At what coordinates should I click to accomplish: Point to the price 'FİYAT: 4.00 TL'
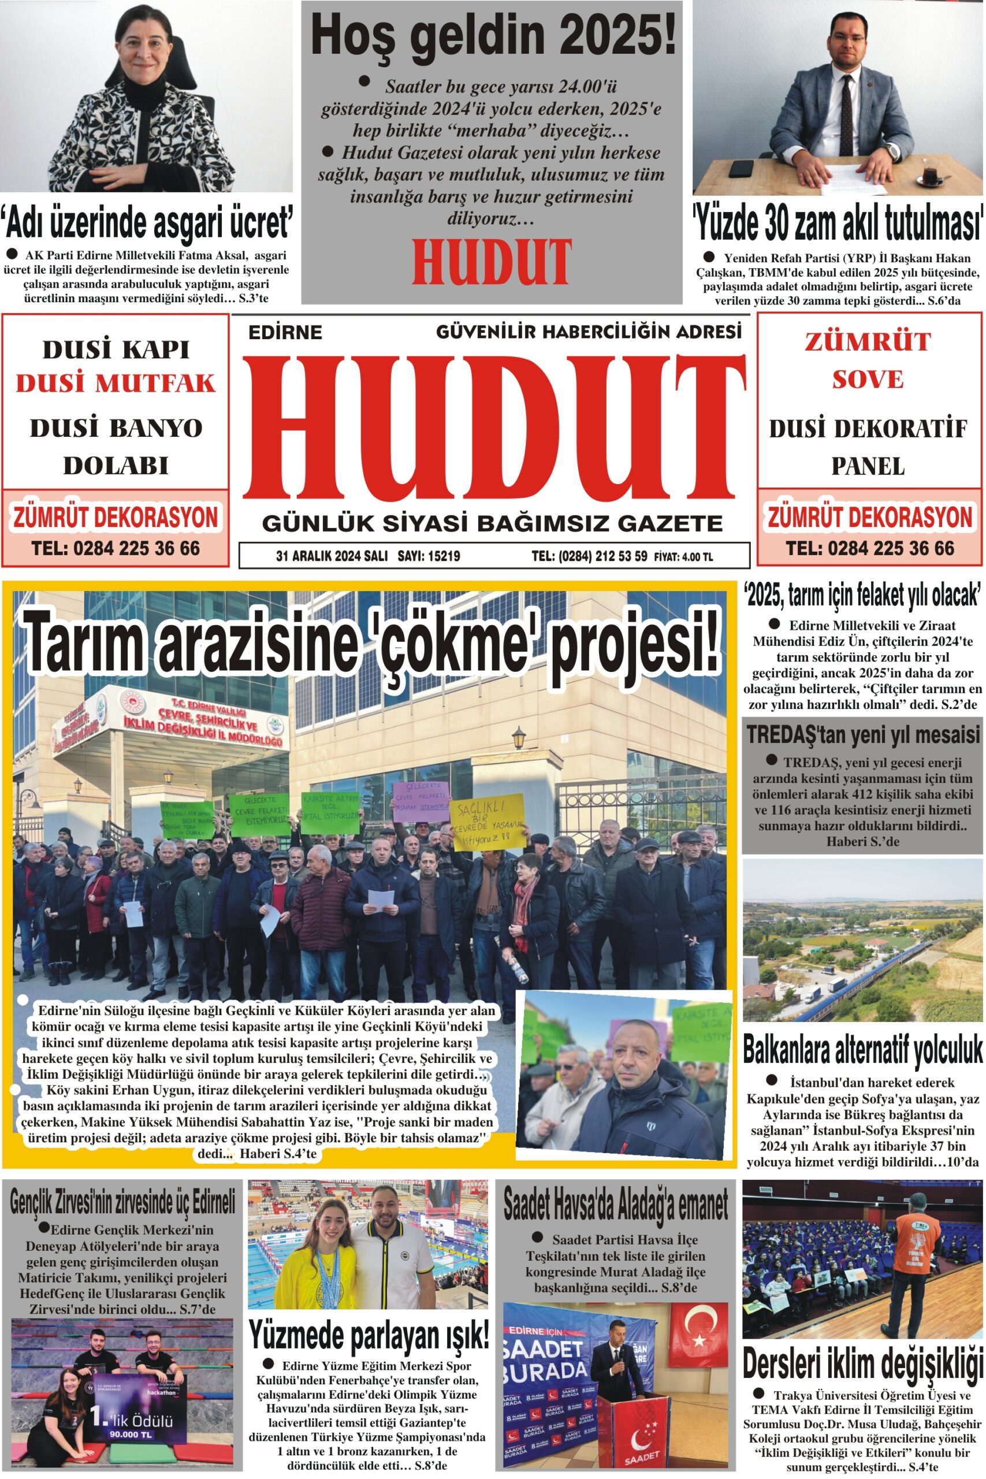(x=683, y=556)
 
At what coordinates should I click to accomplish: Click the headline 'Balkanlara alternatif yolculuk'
(x=862, y=1049)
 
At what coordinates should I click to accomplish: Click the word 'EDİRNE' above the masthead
(x=285, y=332)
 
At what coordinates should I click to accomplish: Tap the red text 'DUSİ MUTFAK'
(x=116, y=383)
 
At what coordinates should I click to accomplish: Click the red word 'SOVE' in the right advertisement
(x=868, y=379)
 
